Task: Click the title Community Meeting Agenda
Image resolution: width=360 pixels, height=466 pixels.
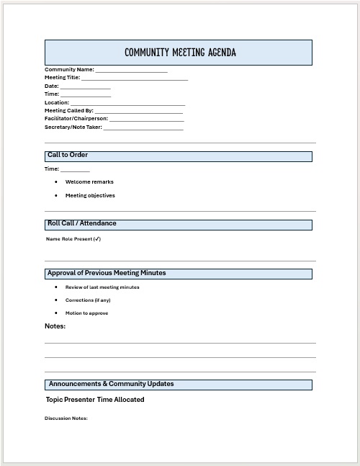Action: [x=179, y=53]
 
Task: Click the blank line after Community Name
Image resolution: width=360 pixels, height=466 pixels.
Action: [x=131, y=71]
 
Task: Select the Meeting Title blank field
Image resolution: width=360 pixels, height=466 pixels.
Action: [x=135, y=79]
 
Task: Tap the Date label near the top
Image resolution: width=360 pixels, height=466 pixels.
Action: [x=51, y=86]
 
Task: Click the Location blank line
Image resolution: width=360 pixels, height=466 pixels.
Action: [x=127, y=104]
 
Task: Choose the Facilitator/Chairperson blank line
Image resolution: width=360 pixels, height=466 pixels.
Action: [x=146, y=120]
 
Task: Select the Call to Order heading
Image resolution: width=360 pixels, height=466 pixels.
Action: [x=68, y=156]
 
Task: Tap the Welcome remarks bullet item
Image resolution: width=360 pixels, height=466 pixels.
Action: [x=89, y=182]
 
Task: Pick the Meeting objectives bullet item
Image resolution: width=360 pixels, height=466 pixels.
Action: [x=90, y=195]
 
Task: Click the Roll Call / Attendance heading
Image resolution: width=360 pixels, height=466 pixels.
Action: [x=81, y=223]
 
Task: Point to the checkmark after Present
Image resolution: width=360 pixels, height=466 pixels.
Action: [x=97, y=239]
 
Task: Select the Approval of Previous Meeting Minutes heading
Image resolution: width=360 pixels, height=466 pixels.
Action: [x=107, y=274]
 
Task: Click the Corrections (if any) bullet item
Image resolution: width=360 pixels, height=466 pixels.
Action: [x=88, y=300]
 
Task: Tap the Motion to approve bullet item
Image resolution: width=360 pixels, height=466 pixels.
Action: [x=87, y=313]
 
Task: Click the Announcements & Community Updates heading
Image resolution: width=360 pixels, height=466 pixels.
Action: [x=111, y=384]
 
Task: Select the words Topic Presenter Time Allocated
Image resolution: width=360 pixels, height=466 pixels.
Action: [x=95, y=400]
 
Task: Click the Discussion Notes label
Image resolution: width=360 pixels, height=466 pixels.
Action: [x=66, y=418]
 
